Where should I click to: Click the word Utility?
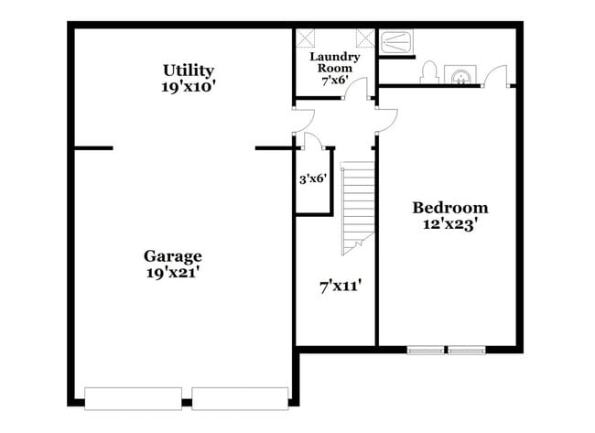click(189, 70)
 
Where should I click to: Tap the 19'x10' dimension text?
click(189, 87)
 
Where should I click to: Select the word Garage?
click(172, 256)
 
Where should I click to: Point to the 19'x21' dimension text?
click(172, 272)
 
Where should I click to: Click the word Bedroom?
click(449, 207)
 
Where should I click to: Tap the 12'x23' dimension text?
click(449, 223)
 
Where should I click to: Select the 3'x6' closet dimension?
click(313, 179)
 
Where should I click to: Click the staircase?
click(358, 207)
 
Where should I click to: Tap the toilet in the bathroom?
click(428, 74)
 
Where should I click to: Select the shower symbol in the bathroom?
click(395, 41)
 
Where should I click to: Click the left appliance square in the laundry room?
click(305, 38)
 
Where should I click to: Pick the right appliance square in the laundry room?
click(365, 38)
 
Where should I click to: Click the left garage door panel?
click(135, 398)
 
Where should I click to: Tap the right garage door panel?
click(240, 398)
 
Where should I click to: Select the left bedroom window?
click(426, 349)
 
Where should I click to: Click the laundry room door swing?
click(360, 89)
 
